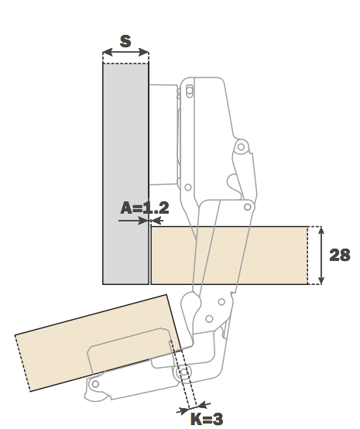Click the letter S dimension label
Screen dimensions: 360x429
click(125, 42)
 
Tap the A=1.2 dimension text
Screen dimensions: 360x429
click(145, 208)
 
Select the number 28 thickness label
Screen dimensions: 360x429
click(340, 255)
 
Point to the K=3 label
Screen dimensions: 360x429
click(207, 419)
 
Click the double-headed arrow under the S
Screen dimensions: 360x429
click(125, 52)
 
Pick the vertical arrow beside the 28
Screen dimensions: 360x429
click(321, 256)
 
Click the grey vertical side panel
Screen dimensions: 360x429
click(126, 173)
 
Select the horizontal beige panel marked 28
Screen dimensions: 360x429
click(229, 256)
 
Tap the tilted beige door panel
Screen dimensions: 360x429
click(98, 343)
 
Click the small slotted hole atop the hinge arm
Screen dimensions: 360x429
click(189, 91)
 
